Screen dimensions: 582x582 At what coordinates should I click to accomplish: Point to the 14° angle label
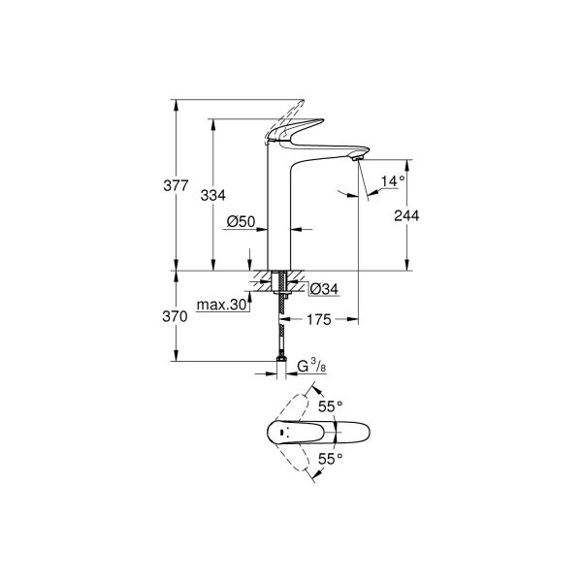(392, 181)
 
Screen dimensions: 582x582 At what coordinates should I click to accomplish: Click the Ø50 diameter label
(241, 222)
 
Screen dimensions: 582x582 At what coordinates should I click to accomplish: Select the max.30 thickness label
(222, 306)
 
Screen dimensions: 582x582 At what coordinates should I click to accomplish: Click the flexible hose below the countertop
(281, 335)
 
